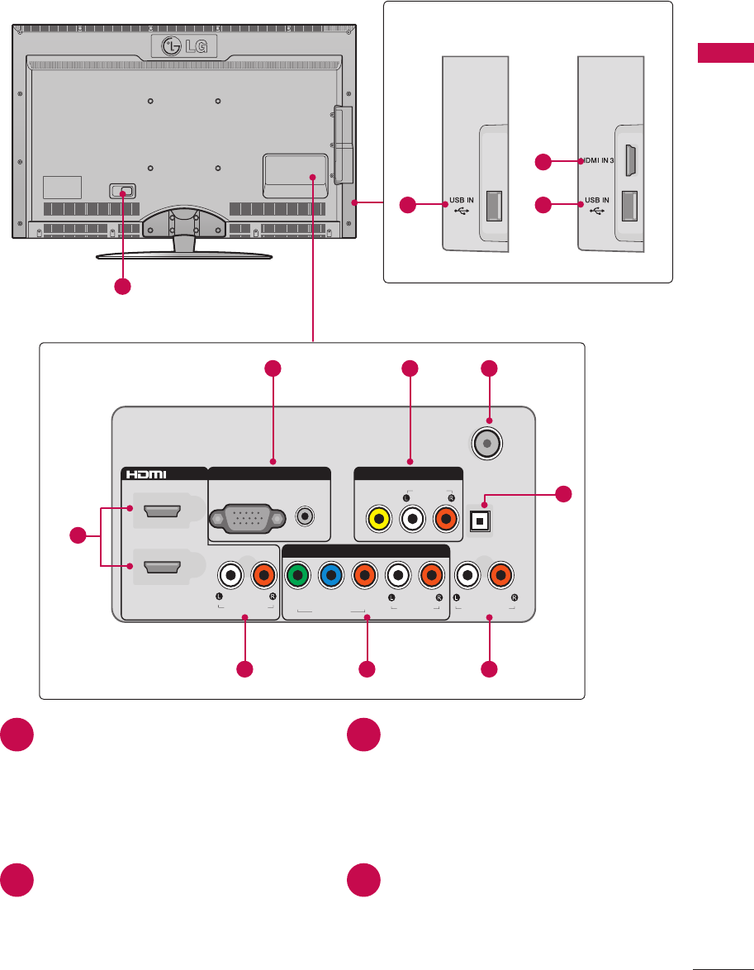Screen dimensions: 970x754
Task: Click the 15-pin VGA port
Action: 249,519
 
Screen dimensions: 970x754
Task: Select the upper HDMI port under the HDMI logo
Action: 162,515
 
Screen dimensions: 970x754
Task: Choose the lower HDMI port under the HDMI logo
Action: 162,568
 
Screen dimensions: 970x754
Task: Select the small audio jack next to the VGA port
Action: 306,517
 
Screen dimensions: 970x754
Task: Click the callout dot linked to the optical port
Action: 562,496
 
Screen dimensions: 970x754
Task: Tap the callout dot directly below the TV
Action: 122,287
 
